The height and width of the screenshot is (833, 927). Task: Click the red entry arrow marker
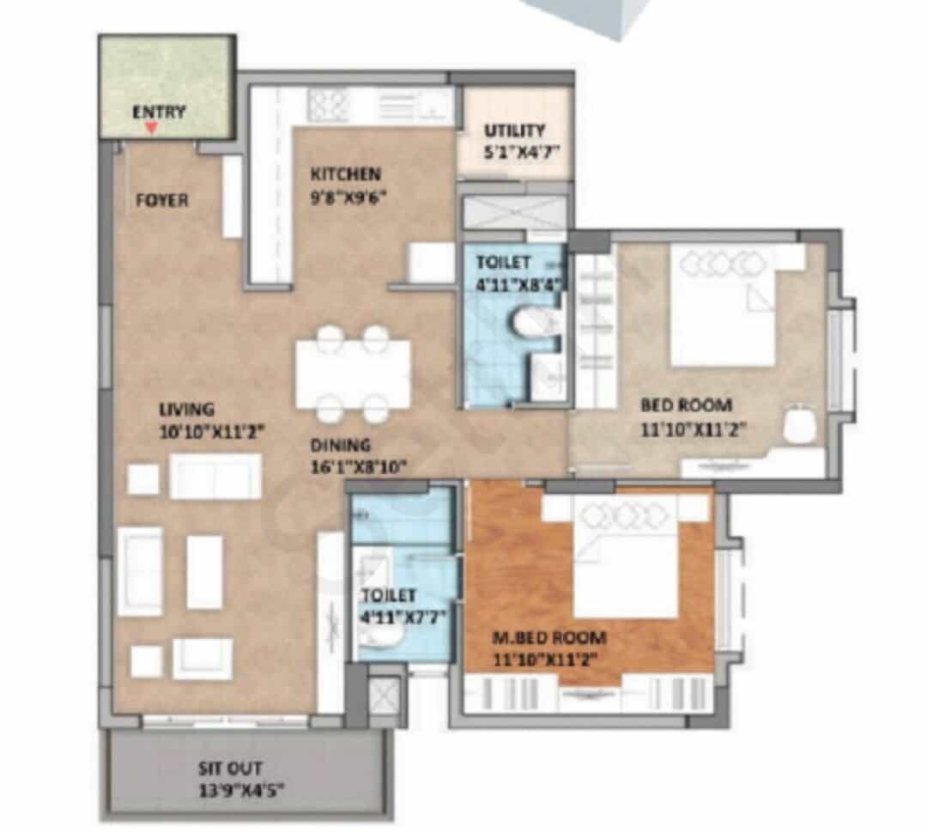pos(152,127)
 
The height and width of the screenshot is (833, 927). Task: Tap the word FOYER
pos(162,201)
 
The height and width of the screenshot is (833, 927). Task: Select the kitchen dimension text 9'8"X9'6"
pos(348,197)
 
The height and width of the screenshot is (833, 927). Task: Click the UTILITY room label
pos(514,131)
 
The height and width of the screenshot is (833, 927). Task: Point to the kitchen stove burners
pos(328,106)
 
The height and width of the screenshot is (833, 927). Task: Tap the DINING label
pos(341,445)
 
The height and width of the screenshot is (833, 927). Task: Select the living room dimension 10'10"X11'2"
pos(211,432)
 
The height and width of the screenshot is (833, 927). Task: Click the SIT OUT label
pos(230,769)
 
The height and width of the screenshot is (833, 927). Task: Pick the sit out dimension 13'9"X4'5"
pos(240,790)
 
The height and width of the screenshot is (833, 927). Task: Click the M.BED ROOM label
pos(550,638)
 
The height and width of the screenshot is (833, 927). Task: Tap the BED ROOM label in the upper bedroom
pos(687,405)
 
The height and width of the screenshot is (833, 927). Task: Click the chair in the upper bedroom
pos(800,424)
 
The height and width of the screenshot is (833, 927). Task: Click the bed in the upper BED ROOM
pos(723,305)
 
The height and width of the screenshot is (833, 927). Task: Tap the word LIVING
pos(187,410)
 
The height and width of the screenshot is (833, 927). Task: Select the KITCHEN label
pos(346,174)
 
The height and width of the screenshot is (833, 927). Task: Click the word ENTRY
pos(159,112)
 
